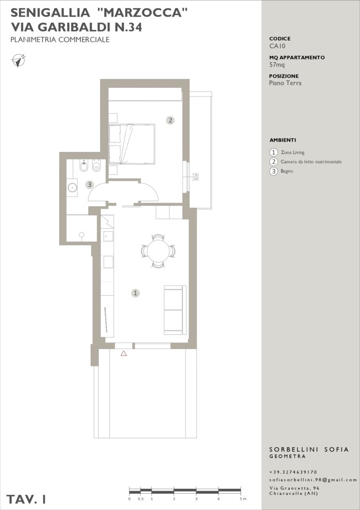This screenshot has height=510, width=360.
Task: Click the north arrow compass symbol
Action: click(x=19, y=61)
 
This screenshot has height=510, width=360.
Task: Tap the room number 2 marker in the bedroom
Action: click(x=170, y=120)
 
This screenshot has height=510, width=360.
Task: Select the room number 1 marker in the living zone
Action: click(x=135, y=293)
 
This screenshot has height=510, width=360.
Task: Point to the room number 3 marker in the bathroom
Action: click(x=90, y=185)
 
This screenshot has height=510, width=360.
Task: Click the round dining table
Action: click(x=158, y=251)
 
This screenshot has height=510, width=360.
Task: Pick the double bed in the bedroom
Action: click(x=132, y=144)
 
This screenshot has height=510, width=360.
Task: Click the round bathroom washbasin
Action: click(x=72, y=187)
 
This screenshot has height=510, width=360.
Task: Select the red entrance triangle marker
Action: click(x=124, y=353)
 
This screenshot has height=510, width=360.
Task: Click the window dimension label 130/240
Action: click(x=195, y=177)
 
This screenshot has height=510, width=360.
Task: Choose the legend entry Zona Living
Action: click(x=293, y=152)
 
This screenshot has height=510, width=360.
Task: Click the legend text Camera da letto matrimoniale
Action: click(x=311, y=162)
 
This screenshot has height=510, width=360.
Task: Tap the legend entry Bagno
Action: click(x=287, y=171)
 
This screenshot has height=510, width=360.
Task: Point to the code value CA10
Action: click(x=277, y=46)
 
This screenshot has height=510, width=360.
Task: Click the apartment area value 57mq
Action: click(x=277, y=65)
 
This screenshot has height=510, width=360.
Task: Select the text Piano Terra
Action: click(x=285, y=83)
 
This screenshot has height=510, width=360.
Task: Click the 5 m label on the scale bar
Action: click(x=242, y=499)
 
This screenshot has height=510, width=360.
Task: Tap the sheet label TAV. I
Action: click(x=26, y=499)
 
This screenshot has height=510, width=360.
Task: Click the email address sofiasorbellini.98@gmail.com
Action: click(x=313, y=480)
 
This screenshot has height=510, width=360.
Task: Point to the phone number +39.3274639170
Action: click(x=293, y=472)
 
